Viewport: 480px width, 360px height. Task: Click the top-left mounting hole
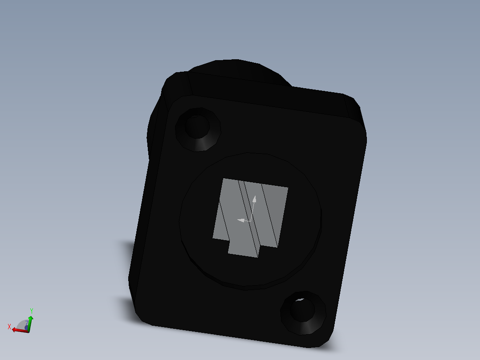(197, 126)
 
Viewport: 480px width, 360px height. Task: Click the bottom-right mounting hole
(302, 310)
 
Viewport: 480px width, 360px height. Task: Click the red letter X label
(9, 327)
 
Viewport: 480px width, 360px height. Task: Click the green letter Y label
(32, 311)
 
